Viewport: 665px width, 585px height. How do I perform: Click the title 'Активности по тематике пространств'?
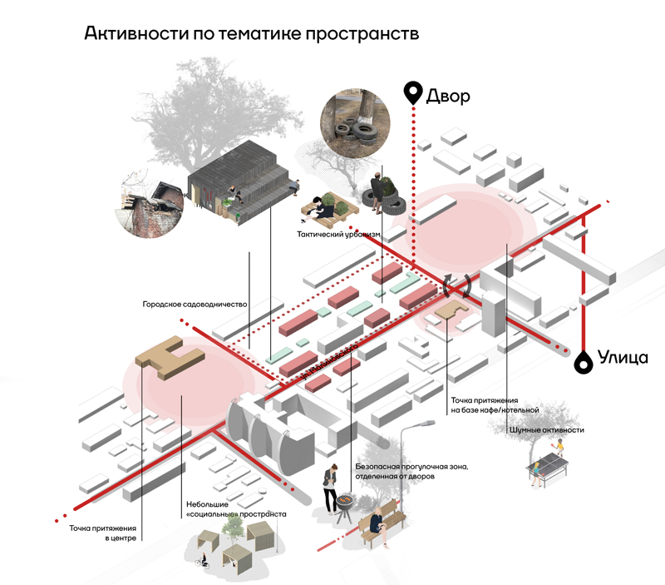(249, 35)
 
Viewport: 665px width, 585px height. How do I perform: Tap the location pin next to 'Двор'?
(411, 93)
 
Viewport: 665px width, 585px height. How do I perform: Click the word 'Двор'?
(448, 95)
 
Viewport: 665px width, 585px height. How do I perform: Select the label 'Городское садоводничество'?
(195, 305)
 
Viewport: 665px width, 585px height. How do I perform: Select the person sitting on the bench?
(378, 522)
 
